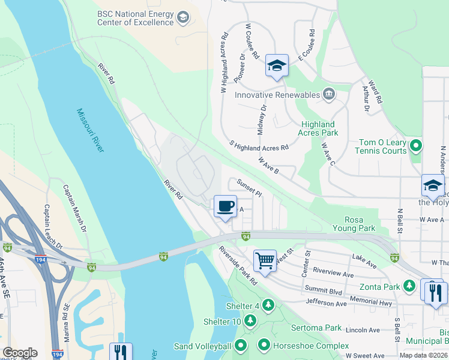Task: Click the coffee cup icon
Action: [225, 206]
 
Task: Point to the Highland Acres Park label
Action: [319, 128]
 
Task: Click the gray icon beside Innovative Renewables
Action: [329, 94]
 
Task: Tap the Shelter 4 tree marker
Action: [268, 305]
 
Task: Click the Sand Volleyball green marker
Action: [241, 346]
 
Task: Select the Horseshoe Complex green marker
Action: [264, 345]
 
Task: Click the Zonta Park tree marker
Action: [410, 286]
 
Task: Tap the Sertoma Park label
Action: [316, 328]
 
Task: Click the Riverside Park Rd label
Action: [238, 265]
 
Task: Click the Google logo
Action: [20, 353]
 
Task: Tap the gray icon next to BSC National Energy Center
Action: [182, 19]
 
